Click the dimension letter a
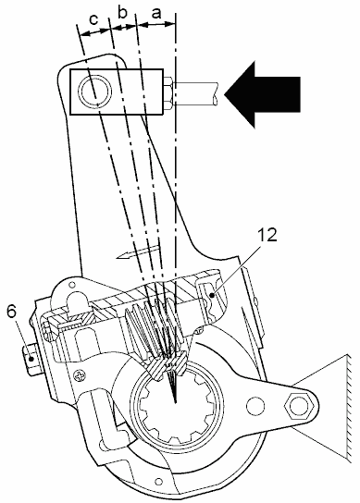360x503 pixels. pos(156,15)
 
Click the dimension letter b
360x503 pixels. pos(123,14)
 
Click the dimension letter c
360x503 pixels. pos(94,19)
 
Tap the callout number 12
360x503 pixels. pos(267,235)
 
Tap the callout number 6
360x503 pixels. pos(11,313)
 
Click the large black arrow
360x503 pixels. pos(262,94)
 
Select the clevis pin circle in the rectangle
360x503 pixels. pos(95,92)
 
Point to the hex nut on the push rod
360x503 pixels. pos(168,94)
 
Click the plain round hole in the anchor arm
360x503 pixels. pos(255,405)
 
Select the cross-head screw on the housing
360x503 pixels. pos(79,374)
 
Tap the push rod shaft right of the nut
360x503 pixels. pos(196,93)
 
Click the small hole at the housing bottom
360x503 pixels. pos(158,481)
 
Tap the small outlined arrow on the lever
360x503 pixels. pos(138,251)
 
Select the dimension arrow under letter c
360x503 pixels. pos(94,31)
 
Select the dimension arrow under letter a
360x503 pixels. pos(156,24)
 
